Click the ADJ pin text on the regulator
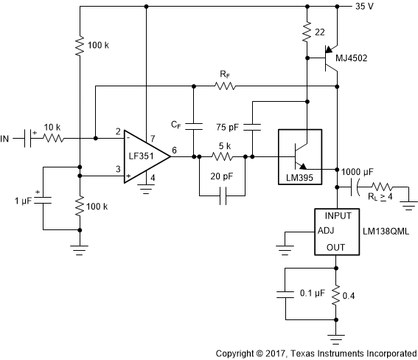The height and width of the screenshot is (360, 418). (x=327, y=229)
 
